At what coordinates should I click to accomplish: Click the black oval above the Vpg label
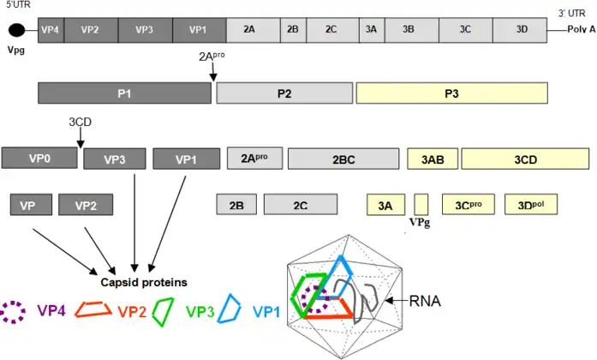pyautogui.click(x=15, y=30)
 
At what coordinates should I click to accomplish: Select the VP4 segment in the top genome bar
pyautogui.click(x=51, y=29)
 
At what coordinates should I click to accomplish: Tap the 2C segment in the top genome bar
pyautogui.click(x=331, y=29)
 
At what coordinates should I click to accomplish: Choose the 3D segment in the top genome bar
pyautogui.click(x=522, y=29)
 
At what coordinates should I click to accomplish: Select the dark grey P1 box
pyautogui.click(x=125, y=93)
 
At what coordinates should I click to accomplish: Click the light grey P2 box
pyautogui.click(x=284, y=93)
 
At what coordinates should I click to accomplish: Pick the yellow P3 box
pyautogui.click(x=472, y=93)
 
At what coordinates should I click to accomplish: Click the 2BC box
pyautogui.click(x=343, y=159)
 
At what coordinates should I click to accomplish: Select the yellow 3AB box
pyautogui.click(x=433, y=159)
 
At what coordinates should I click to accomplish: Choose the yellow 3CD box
pyautogui.click(x=525, y=159)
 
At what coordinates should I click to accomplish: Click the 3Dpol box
pyautogui.click(x=531, y=205)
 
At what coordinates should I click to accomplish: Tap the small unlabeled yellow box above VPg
pyautogui.click(x=421, y=205)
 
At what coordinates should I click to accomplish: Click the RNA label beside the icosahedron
pyautogui.click(x=426, y=301)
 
